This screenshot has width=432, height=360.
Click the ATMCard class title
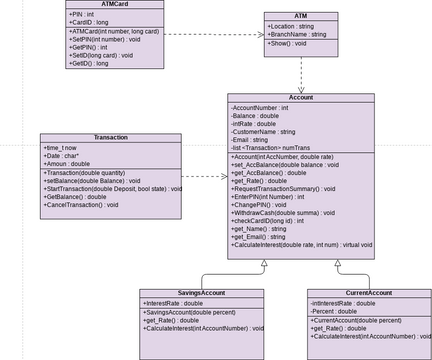[115, 4]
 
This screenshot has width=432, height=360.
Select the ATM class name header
[300, 17]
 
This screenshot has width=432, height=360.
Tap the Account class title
[300, 98]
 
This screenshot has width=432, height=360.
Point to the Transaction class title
[111, 137]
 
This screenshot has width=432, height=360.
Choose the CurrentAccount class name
[369, 293]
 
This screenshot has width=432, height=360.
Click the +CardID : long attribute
[90, 22]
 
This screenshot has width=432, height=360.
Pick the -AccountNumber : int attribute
[260, 107]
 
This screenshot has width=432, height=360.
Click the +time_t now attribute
[62, 147]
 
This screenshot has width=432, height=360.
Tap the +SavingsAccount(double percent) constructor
[189, 311]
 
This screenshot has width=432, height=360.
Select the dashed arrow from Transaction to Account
[205, 178]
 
